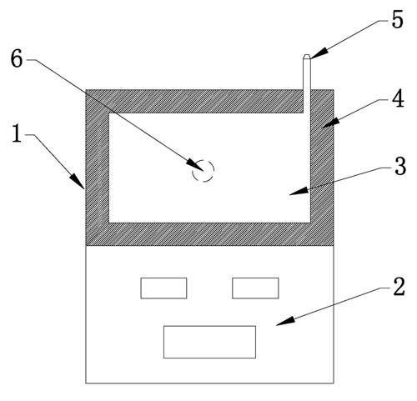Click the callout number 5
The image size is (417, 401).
tap(397, 20)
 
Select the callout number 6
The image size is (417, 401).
tap(17, 59)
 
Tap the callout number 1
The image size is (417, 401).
tap(17, 133)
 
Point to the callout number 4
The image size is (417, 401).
tap(398, 99)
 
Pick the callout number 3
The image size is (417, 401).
tap(400, 167)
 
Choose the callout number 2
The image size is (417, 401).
tap(399, 287)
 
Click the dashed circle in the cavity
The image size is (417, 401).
tap(203, 171)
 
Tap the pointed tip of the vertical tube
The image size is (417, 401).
tap(307, 55)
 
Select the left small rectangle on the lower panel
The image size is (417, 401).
tap(163, 288)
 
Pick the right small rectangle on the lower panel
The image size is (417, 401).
tap(255, 288)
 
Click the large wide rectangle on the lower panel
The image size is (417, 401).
tap(209, 342)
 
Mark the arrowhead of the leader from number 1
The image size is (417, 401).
tap(78, 182)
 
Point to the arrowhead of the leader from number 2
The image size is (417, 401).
tap(285, 321)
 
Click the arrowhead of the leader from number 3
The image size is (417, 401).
tap(299, 191)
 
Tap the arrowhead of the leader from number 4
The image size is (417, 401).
tap(331, 123)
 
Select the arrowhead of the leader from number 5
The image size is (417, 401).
tap(319, 53)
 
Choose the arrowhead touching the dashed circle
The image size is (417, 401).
tap(194, 164)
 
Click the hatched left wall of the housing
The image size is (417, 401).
tap(98, 168)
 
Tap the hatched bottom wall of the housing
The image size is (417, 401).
tap(209, 234)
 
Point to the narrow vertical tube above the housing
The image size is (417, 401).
tap(307, 83)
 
